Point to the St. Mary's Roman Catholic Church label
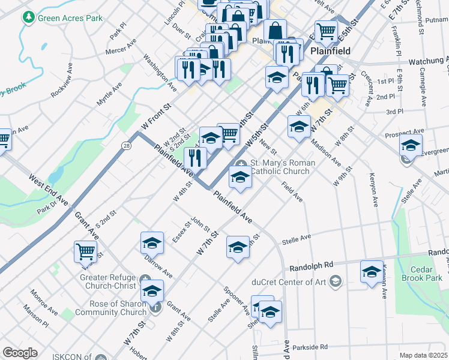[279, 167]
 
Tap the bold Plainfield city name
[330, 52]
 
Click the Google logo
[19, 353]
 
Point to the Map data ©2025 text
[423, 355]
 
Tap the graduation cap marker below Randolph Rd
[372, 271]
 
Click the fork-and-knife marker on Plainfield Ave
[195, 158]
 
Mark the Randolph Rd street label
[311, 265]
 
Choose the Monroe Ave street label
[44, 302]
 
